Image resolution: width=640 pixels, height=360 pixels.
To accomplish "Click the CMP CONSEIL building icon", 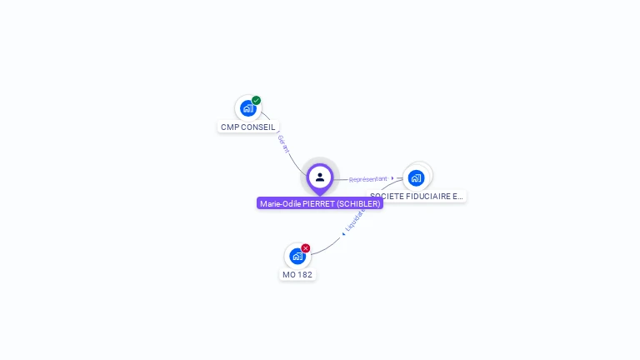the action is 247,108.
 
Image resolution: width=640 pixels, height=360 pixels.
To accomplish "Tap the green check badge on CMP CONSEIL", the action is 257,100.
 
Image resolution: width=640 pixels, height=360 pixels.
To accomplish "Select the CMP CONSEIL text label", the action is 247,127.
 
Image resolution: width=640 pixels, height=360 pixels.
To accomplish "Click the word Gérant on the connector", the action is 283,143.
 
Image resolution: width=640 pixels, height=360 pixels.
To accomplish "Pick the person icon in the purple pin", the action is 320,177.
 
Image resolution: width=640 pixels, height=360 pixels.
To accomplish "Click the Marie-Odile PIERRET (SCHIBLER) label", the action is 320,203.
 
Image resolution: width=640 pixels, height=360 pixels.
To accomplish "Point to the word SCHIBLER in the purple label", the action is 359,203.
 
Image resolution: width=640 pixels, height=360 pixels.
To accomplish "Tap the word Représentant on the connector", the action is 367,179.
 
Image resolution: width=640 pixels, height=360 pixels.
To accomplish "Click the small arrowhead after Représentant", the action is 392,177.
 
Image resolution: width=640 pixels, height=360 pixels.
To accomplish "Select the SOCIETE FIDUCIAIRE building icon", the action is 416,177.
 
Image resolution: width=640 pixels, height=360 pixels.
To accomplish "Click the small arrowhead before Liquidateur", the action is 343,234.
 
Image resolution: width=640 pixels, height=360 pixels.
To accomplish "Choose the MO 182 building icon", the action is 297,256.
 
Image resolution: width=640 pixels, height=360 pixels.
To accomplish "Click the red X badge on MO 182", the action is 306,248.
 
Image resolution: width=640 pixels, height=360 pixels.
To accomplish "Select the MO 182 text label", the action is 297,274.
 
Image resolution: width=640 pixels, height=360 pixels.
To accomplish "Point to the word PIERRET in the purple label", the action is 318,203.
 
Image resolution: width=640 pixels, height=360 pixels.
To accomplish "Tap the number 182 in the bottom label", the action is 305,274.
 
